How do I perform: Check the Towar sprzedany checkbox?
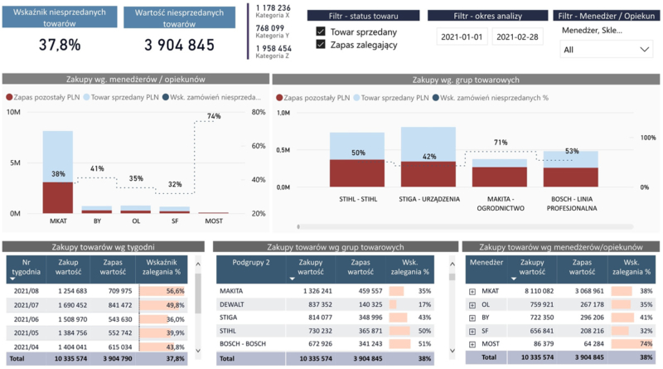321,32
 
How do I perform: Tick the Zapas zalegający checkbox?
321,45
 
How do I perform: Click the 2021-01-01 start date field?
461,37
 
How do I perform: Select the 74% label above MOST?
214,117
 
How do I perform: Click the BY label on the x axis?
96,221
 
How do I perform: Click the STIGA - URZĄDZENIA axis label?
428,199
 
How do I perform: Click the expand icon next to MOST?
472,343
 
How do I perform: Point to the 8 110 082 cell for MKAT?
531,291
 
